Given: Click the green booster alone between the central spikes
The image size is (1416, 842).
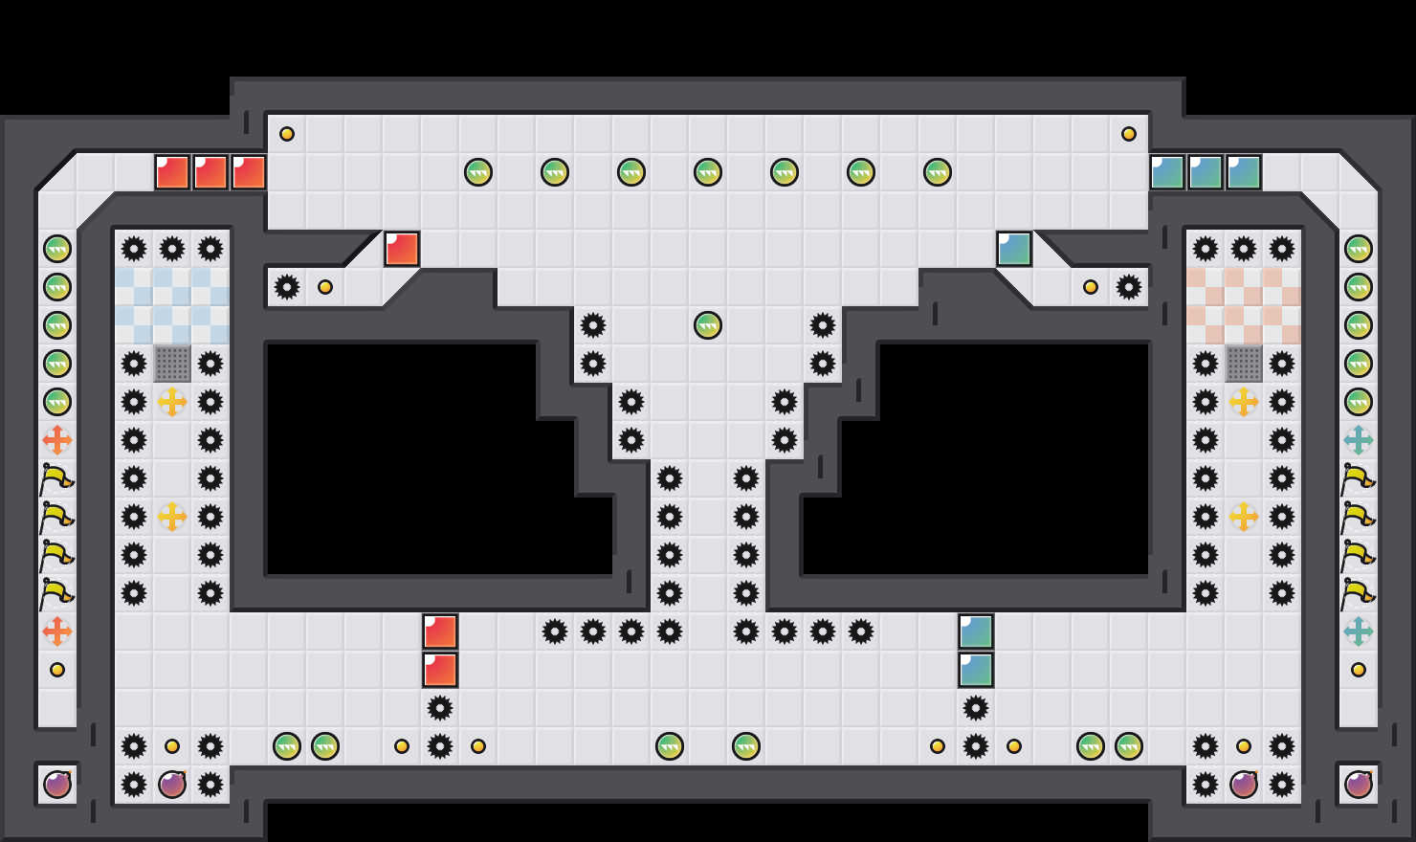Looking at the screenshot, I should click(708, 325).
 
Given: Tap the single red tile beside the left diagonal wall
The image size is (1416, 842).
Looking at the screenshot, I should click(402, 249).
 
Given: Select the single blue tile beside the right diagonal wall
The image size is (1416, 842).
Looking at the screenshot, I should click(1014, 249).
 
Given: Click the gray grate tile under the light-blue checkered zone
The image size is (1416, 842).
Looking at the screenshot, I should click(172, 364).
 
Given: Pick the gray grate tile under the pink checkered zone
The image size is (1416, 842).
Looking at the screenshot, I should click(1244, 364).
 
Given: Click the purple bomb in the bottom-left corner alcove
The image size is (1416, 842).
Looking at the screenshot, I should click(57, 785).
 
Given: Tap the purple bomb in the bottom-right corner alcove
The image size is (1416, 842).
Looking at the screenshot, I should click(1359, 785).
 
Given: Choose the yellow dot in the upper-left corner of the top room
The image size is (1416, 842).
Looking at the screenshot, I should click(287, 134).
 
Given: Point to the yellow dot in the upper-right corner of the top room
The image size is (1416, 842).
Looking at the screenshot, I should click(1129, 134).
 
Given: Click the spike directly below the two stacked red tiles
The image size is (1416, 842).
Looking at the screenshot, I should click(440, 708).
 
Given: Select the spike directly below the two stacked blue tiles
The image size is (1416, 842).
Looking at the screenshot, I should click(976, 708).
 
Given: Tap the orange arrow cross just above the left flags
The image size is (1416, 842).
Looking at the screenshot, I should click(57, 440).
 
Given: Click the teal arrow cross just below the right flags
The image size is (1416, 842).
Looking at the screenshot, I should click(1359, 631).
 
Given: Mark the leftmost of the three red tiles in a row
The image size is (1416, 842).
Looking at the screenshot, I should click(172, 172).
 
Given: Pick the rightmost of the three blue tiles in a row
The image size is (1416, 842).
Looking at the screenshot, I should click(1244, 172).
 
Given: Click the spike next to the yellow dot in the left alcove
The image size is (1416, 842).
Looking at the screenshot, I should click(287, 287).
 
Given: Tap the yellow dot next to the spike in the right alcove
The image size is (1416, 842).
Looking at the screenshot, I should click(1091, 287).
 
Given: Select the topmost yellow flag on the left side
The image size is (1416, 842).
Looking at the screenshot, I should click(57, 478).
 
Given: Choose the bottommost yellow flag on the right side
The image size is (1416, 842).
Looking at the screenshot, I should click(1359, 593).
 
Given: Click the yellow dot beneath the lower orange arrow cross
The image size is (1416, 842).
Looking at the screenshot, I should click(57, 670).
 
